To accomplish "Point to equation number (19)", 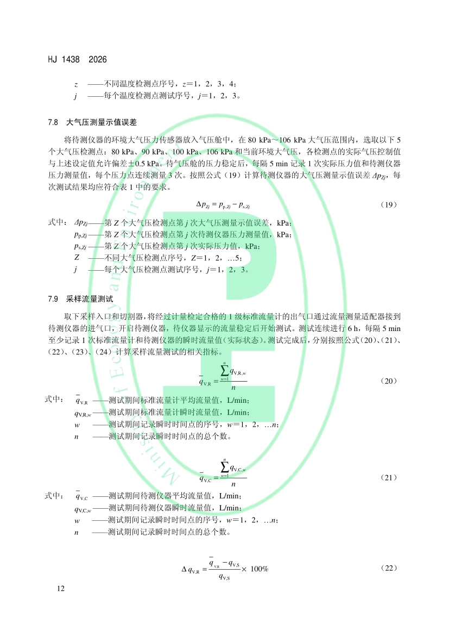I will [x=389, y=204].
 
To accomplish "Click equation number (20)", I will [x=389, y=381].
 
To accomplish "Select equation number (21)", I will [x=389, y=478].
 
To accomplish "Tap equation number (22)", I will [x=389, y=568].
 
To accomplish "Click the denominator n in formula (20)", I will [x=233, y=388].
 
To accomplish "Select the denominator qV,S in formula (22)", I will [x=226, y=577].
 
